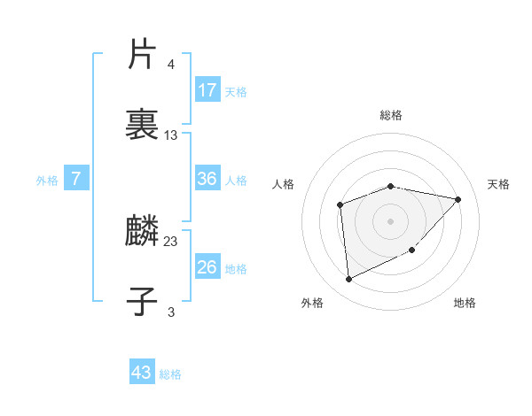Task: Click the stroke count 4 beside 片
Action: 170,65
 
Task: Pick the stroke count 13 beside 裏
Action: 171,135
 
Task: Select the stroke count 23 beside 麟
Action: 171,242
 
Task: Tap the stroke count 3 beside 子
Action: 170,312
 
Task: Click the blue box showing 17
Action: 207,90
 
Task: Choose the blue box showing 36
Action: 207,179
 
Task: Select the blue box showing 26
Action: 207,267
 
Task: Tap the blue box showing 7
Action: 76,179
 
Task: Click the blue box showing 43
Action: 142,373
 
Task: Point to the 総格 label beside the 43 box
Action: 170,374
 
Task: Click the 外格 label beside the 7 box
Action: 47,181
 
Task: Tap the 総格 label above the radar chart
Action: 391,115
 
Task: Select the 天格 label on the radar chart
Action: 499,184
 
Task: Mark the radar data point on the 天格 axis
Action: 458,199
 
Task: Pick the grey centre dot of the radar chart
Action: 391,220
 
